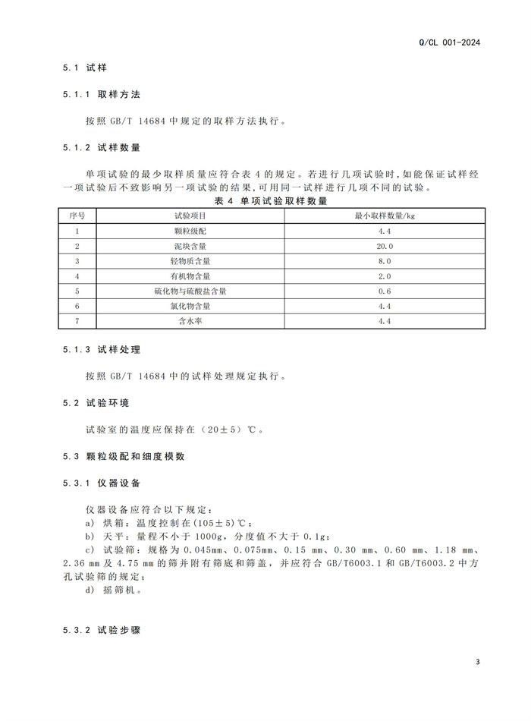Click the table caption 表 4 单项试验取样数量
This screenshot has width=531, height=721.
(271, 201)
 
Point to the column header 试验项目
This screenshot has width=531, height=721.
(190, 216)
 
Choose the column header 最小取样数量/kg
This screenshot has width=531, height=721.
(385, 216)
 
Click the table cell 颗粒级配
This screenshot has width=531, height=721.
(190, 231)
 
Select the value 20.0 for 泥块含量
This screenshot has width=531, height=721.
(385, 246)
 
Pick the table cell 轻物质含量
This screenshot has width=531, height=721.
(190, 261)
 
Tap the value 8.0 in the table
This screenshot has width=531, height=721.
(385, 261)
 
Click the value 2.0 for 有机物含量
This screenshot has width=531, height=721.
(385, 276)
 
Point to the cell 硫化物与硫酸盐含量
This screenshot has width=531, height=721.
(190, 291)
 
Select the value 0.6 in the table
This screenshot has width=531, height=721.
(385, 291)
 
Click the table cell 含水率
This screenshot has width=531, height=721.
(190, 321)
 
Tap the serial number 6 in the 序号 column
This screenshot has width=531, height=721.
(77, 306)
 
